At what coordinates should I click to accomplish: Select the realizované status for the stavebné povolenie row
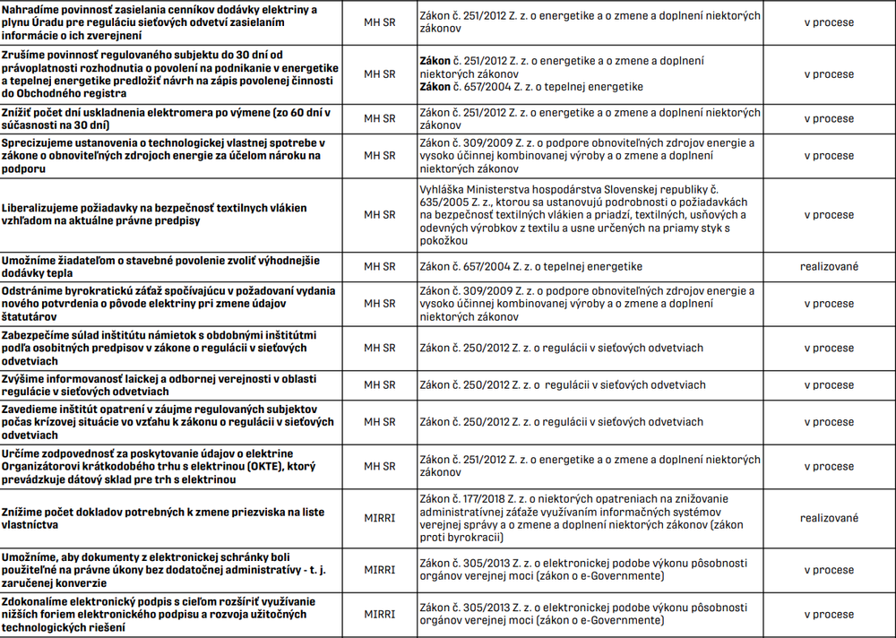(x=829, y=266)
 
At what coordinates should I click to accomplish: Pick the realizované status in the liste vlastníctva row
(x=829, y=518)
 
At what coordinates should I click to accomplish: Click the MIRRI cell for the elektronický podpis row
(x=379, y=615)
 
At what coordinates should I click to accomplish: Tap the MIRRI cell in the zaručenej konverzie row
(x=379, y=570)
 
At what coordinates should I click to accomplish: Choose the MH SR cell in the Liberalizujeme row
(x=379, y=215)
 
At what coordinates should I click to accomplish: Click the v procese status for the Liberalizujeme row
(x=829, y=215)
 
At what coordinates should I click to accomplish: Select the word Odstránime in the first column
(x=35, y=291)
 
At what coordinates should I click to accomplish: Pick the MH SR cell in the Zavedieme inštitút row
(x=379, y=421)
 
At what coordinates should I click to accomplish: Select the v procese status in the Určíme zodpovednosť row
(x=829, y=466)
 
